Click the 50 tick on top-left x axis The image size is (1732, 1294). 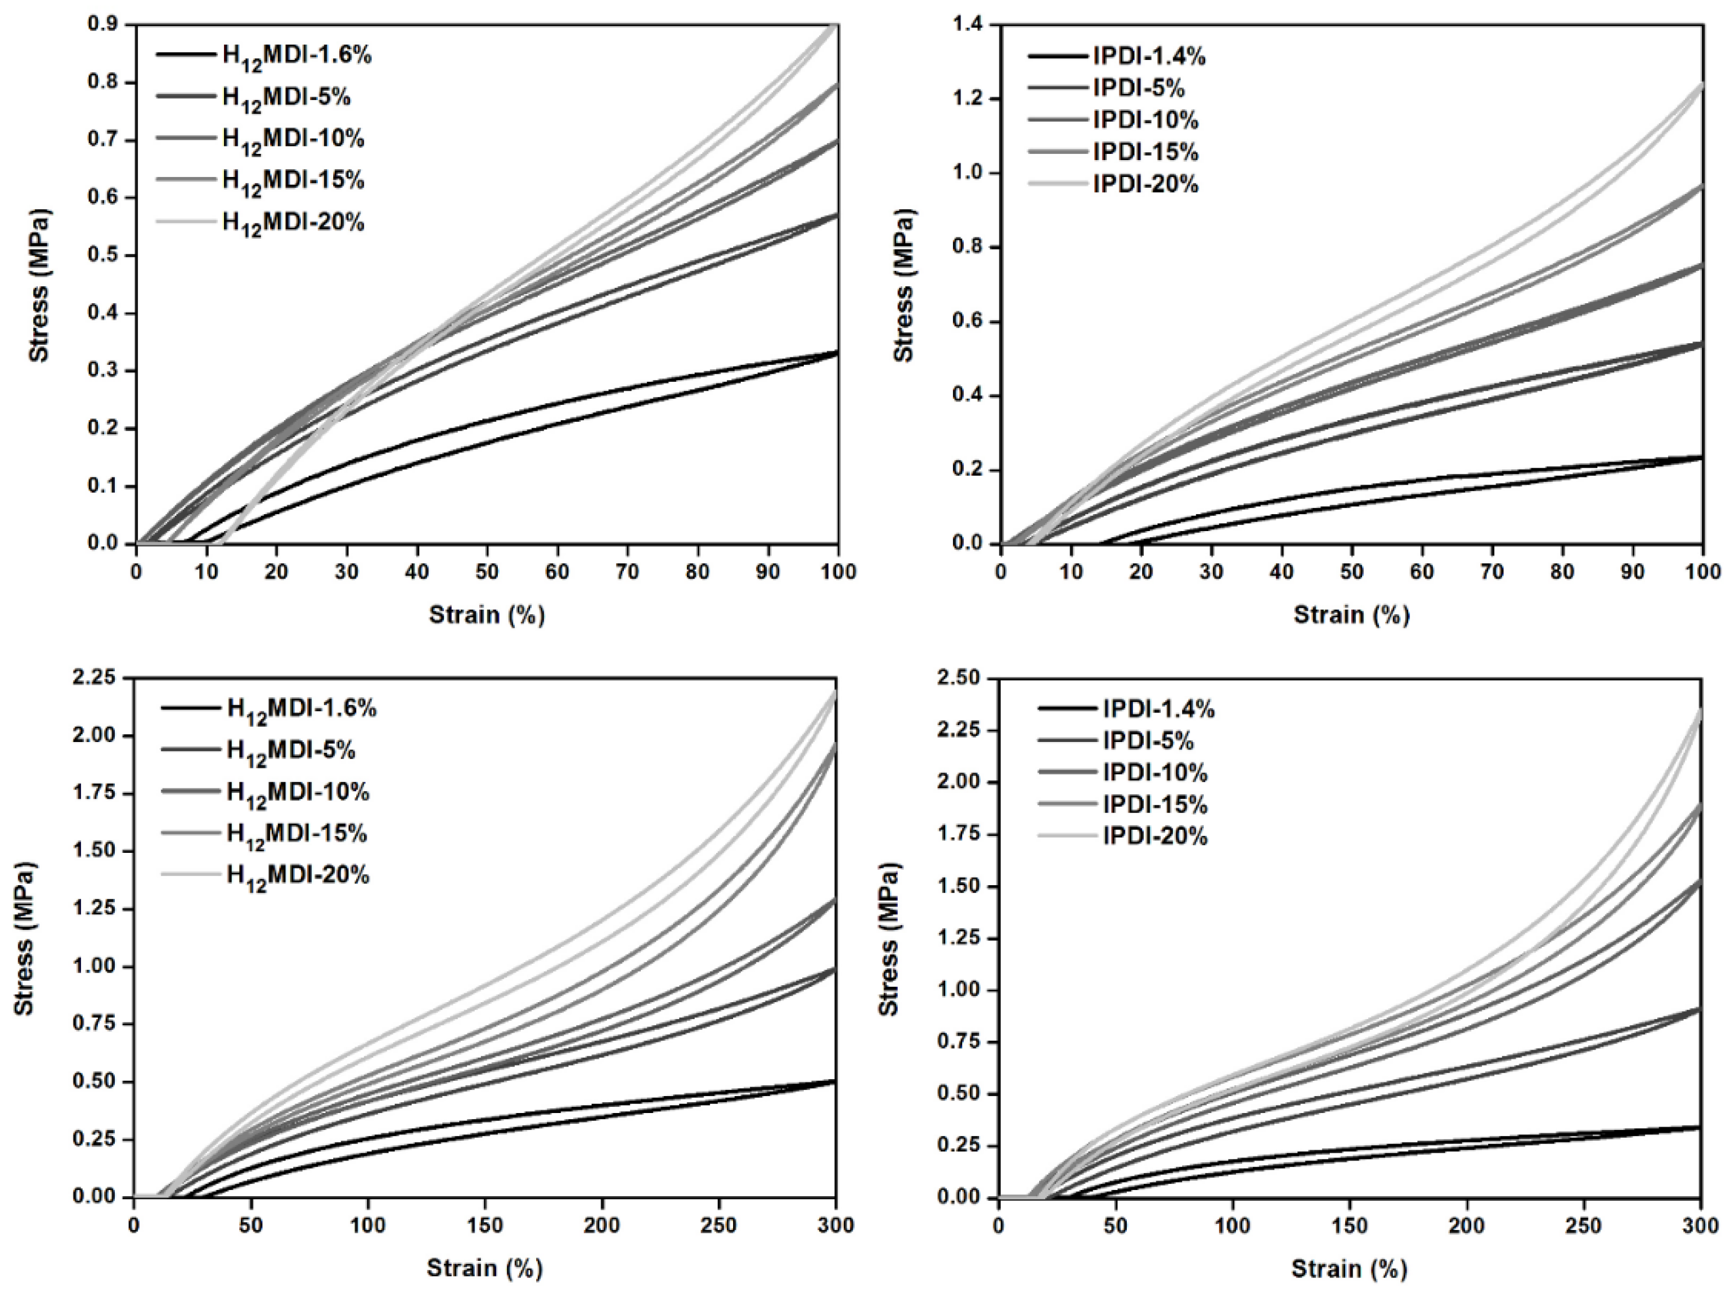pos(487,571)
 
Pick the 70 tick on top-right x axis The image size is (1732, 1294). pos(1492,571)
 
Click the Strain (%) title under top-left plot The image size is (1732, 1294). pos(486,615)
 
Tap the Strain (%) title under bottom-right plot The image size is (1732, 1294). pos(1348,1268)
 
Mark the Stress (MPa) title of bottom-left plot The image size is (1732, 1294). pos(24,938)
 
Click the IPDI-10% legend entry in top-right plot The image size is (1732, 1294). pos(1145,120)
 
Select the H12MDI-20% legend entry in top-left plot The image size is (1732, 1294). pos(293,223)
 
